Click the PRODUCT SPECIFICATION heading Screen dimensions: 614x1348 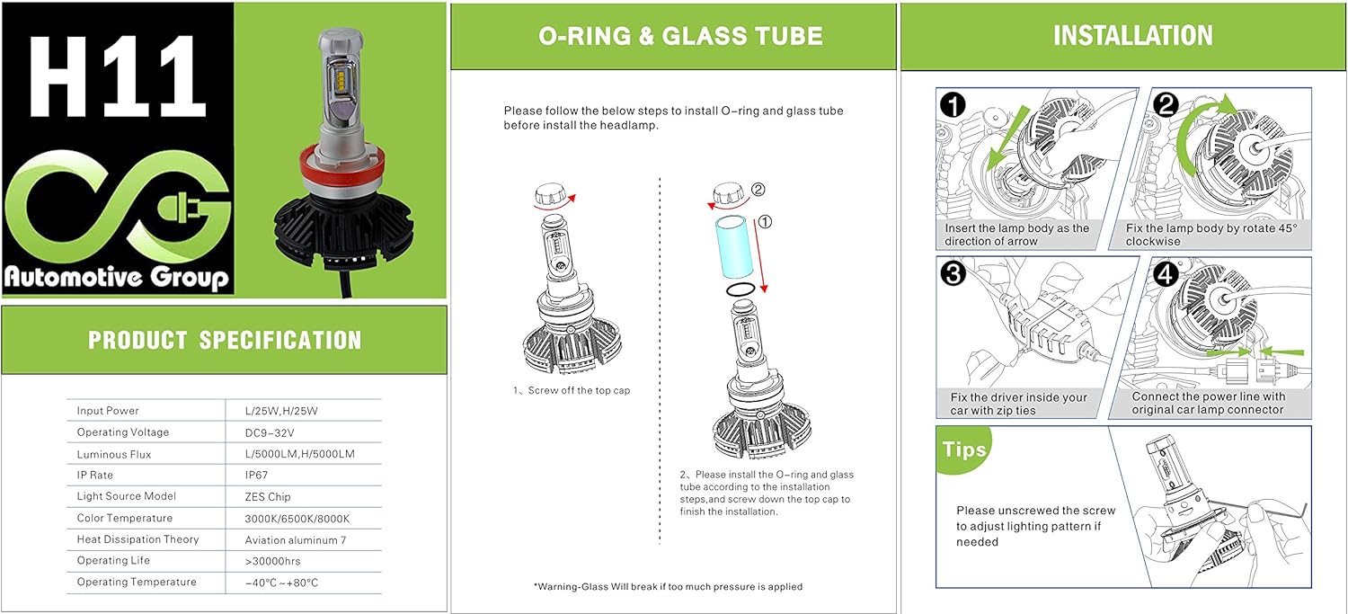(x=225, y=340)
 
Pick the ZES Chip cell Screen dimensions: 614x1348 (x=268, y=496)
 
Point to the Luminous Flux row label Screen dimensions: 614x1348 (x=114, y=454)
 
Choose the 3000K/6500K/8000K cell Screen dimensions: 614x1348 (x=297, y=518)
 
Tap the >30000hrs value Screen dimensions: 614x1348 (x=272, y=561)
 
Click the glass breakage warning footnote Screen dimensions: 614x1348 (x=669, y=586)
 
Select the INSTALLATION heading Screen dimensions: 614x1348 (x=1132, y=35)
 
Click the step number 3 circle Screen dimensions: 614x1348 (x=953, y=273)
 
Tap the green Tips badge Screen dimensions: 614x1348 (x=964, y=449)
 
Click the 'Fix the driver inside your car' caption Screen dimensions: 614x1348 (x=1017, y=404)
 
